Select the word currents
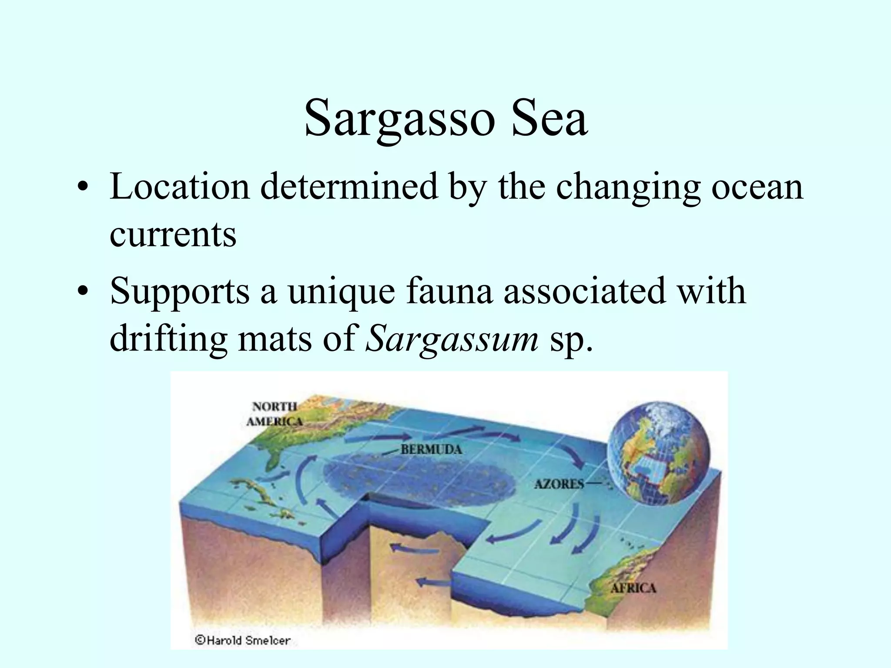[173, 234]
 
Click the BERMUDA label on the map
[431, 449]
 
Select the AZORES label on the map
[559, 484]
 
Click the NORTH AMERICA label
[275, 414]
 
